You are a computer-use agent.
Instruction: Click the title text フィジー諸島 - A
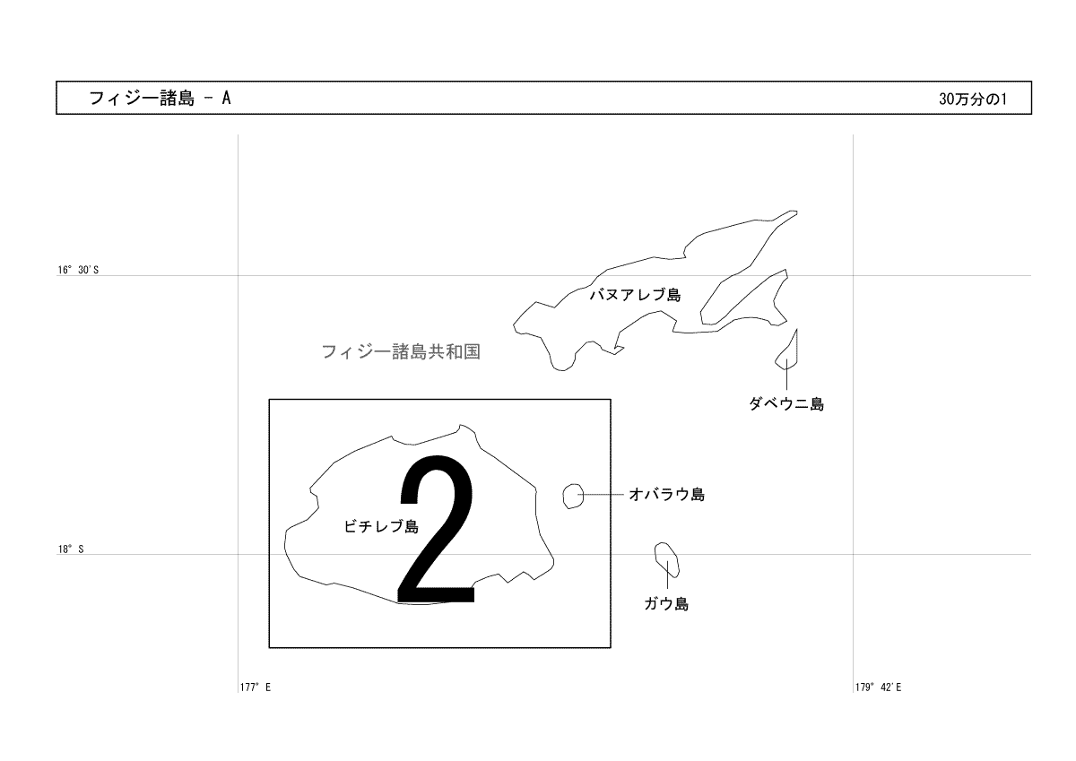(x=160, y=99)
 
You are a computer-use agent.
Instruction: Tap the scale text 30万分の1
(x=973, y=99)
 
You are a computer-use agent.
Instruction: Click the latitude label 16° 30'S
(x=78, y=270)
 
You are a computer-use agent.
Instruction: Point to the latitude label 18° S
(x=71, y=549)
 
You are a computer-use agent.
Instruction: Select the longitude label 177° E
(x=255, y=687)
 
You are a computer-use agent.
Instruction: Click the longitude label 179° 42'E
(x=878, y=687)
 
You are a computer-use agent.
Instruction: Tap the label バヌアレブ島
(x=635, y=294)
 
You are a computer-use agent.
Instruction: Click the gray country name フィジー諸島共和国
(x=401, y=351)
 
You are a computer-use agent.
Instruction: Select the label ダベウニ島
(x=786, y=404)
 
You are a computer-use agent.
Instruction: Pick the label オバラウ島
(x=667, y=494)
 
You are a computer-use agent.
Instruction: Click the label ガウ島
(x=666, y=603)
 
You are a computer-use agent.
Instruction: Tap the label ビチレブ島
(x=381, y=526)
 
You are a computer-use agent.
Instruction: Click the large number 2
(x=436, y=529)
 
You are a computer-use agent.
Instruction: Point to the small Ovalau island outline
(x=563, y=496)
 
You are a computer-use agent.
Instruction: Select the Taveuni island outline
(x=796, y=349)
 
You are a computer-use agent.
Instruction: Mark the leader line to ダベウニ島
(x=787, y=374)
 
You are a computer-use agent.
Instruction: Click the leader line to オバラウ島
(x=601, y=494)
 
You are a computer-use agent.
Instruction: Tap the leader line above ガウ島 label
(x=667, y=575)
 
